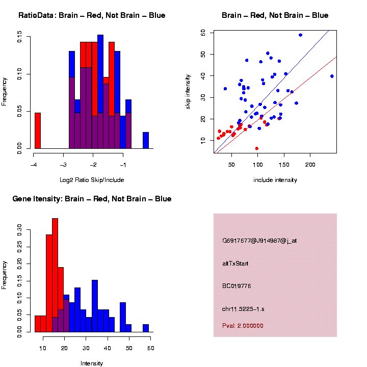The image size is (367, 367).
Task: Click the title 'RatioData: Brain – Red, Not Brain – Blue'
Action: pyautogui.click(x=92, y=15)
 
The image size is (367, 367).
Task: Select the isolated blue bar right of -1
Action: pyautogui.click(x=146, y=141)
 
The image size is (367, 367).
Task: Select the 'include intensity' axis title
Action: pyautogui.click(x=275, y=180)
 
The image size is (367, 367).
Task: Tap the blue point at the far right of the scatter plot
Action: pyautogui.click(x=332, y=76)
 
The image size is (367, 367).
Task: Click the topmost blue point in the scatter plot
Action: pyautogui.click(x=300, y=35)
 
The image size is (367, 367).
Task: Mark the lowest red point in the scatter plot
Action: pyautogui.click(x=256, y=148)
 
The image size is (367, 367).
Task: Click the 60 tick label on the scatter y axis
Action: pyautogui.click(x=203, y=33)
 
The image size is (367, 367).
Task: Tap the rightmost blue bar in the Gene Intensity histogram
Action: pyautogui.click(x=146, y=328)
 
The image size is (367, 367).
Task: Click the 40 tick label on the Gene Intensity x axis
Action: pyautogui.click(x=108, y=348)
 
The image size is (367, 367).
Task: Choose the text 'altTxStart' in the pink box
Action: pyautogui.click(x=235, y=264)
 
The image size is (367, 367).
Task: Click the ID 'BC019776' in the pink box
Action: pyautogui.click(x=237, y=286)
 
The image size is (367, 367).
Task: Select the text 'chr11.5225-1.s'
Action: pyautogui.click(x=243, y=309)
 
